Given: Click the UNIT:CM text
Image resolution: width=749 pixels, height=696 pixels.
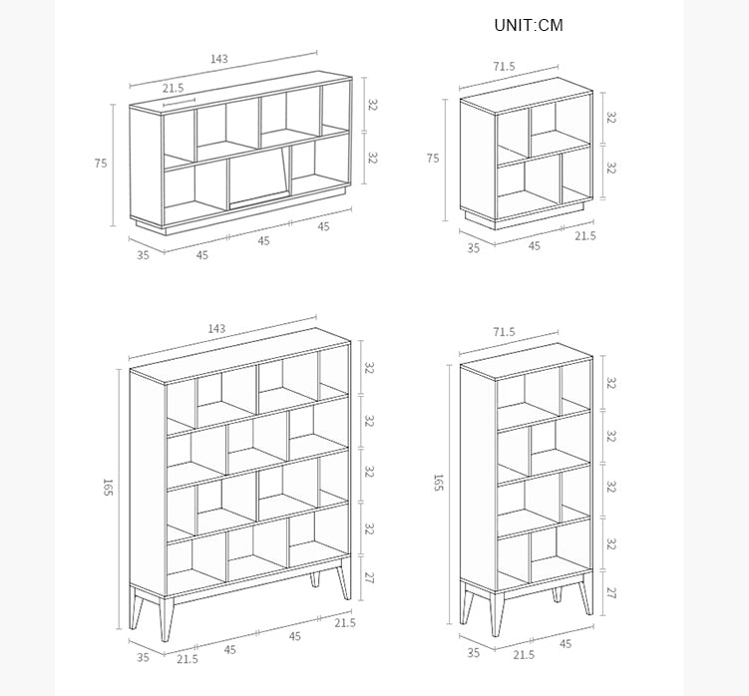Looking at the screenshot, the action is (529, 25).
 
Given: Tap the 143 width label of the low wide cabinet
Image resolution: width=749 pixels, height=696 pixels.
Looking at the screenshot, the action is (219, 59).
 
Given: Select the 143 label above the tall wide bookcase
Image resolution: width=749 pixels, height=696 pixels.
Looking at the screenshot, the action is (216, 329).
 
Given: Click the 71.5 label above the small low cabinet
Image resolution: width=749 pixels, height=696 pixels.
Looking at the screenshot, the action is (505, 67).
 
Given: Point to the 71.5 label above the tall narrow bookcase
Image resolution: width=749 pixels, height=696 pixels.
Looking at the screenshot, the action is (505, 331).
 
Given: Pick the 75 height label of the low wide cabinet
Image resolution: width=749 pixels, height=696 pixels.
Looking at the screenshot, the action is (101, 164).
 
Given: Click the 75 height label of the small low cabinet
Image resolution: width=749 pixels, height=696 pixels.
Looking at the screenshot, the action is (433, 159).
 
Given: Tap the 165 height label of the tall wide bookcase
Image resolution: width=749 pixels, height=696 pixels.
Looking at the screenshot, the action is (107, 487).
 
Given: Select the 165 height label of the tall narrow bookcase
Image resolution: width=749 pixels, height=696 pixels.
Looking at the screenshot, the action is (438, 482).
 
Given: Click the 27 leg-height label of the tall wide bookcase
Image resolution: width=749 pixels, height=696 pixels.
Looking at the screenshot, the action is (369, 578).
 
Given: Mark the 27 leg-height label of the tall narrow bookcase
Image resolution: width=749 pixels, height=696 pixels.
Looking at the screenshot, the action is (611, 593).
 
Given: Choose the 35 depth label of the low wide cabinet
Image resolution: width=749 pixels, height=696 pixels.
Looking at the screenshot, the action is (143, 255).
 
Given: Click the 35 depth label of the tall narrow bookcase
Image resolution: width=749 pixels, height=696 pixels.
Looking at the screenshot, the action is (474, 652).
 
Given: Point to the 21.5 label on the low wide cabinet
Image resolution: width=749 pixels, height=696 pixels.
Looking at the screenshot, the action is (173, 88).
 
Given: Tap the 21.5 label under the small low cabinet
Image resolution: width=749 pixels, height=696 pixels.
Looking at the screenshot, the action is (585, 236).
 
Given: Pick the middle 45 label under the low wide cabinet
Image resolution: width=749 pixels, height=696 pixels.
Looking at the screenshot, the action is (263, 241).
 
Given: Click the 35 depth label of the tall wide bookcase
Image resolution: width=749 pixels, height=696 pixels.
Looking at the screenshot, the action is (143, 657).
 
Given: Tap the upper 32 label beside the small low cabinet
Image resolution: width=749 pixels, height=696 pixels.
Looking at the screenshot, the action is (611, 117).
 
